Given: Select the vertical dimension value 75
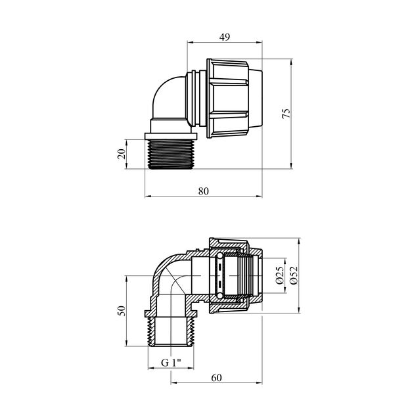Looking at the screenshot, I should (x=284, y=113).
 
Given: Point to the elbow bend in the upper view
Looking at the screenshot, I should (x=161, y=95).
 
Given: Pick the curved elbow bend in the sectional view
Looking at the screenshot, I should (x=164, y=276).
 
